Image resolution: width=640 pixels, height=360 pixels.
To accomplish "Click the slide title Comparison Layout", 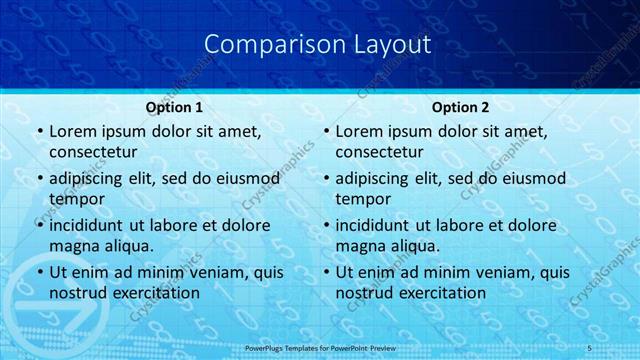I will click(x=317, y=45).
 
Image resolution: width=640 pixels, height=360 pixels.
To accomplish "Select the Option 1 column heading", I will click(x=175, y=107).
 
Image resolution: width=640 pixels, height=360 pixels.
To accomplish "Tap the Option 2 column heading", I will click(x=461, y=107).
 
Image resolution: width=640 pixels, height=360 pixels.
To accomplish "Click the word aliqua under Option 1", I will click(x=128, y=246).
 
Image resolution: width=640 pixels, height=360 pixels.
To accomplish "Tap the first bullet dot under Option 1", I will click(x=39, y=132).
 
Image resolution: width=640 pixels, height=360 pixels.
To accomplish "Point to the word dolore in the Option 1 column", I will click(x=241, y=225).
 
